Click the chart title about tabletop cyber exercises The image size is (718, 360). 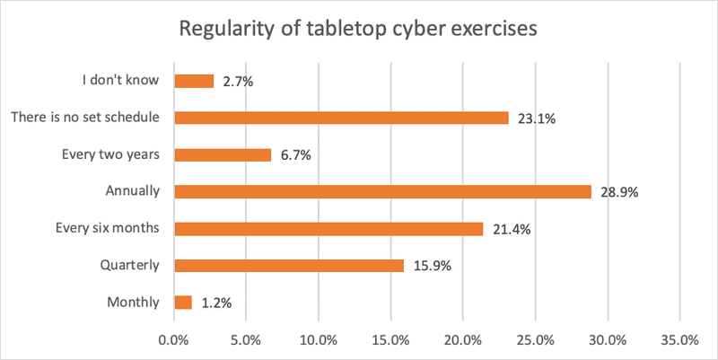pos(358,28)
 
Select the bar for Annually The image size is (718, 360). pos(382,191)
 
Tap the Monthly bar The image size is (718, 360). pos(182,303)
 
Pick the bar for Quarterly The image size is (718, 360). pos(288,265)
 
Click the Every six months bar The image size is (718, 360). pos(328,228)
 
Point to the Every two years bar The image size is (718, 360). pos(222,154)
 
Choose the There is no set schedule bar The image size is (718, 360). pos(341,118)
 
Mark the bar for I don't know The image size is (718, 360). pos(193,81)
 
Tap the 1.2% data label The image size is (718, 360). pos(217,303)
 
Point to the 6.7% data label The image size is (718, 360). pos(295,155)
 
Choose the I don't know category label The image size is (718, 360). pos(119,81)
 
